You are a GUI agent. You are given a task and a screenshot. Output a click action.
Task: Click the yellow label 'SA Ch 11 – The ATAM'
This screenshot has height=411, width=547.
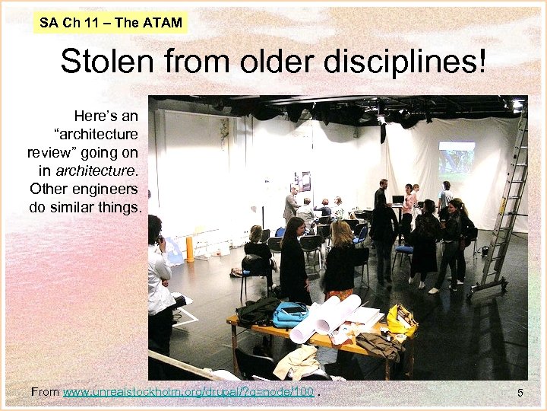click(x=111, y=22)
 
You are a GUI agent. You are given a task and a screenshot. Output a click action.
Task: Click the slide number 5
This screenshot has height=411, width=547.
click(x=520, y=393)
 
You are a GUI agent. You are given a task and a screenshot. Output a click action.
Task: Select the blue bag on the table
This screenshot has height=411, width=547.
click(x=290, y=314)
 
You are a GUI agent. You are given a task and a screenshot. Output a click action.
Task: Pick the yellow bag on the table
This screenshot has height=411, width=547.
click(x=400, y=320)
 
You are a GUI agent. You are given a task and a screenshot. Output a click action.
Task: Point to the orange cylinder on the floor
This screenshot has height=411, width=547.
click(x=189, y=249)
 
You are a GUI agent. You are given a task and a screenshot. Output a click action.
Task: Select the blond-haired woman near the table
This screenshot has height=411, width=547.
click(x=340, y=259)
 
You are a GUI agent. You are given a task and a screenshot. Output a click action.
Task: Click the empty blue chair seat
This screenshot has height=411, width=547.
click(x=403, y=250)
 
